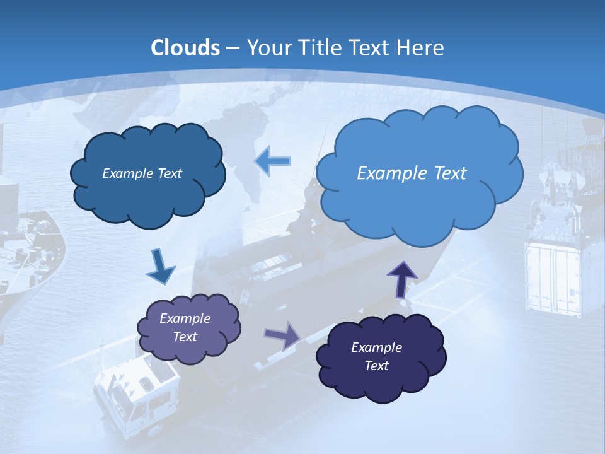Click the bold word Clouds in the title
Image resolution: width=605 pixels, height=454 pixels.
pos(185,48)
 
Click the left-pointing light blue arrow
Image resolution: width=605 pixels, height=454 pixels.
pos(272,161)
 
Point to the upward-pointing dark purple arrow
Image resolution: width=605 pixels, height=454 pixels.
pos(401,279)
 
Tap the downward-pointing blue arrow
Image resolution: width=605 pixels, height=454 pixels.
pos(160,267)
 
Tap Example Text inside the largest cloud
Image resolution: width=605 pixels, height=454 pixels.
pos(412,173)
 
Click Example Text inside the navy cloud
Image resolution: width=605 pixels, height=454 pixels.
pos(376,356)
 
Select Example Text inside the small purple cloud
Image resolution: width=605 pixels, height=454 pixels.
pos(185,327)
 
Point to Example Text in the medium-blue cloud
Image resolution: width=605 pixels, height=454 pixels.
pos(142,173)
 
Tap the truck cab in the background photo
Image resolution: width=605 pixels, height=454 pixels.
pos(135,391)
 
